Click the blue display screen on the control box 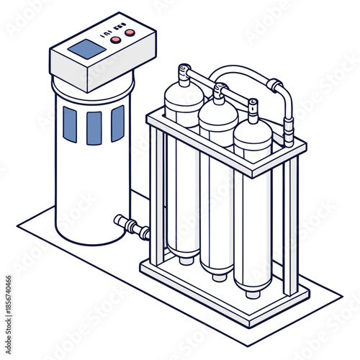pyautogui.click(x=87, y=50)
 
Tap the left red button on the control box pyautogui.click(x=115, y=40)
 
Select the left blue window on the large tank pyautogui.click(x=69, y=123)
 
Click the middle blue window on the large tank pyautogui.click(x=94, y=127)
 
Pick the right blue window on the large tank pyautogui.click(x=117, y=123)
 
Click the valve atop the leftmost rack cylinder pyautogui.click(x=184, y=73)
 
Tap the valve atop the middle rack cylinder pyautogui.click(x=219, y=92)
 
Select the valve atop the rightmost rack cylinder pyautogui.click(x=253, y=109)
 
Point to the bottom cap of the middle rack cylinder pyautogui.click(x=219, y=274)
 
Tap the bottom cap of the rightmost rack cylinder pyautogui.click(x=253, y=292)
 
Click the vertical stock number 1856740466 pyautogui.click(x=6, y=302)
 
